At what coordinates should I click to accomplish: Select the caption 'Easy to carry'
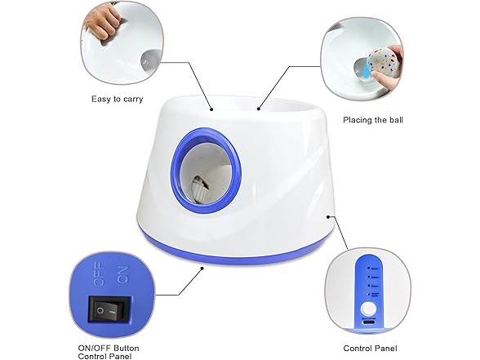tap(116, 100)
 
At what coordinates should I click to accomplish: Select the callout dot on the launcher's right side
tap(329, 217)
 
